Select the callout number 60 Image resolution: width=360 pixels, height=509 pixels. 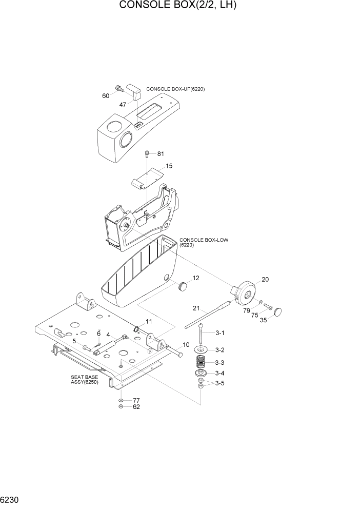point(106,95)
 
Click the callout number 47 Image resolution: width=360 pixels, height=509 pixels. point(123,104)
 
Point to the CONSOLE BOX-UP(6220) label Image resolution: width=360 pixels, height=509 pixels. point(175,89)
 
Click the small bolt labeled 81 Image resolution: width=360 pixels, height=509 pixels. point(148,153)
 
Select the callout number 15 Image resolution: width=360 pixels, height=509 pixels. point(169,166)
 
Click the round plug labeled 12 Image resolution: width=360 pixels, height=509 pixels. point(182,286)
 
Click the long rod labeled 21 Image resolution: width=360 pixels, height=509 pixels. point(210,318)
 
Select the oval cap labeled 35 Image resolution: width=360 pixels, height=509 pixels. point(279,311)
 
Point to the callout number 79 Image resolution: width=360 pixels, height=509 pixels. point(247,310)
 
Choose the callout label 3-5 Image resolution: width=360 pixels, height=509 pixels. point(219,383)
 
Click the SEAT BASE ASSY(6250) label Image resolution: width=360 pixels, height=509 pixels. point(84,379)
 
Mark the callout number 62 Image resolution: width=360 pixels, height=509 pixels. point(136,407)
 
